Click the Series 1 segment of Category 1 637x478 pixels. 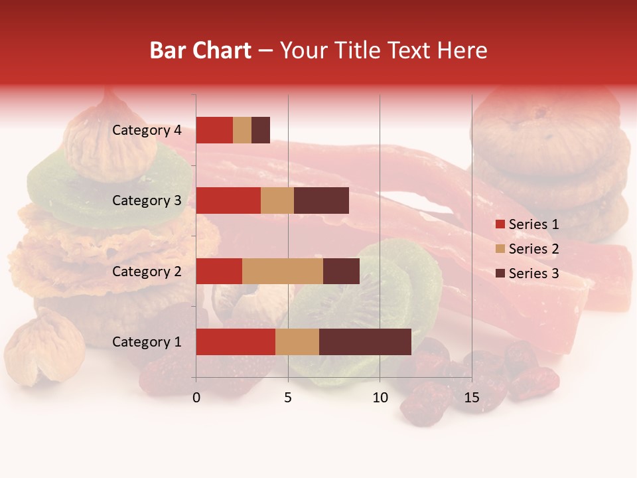(236, 342)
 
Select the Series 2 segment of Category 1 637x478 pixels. (297, 342)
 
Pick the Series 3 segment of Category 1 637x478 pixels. (365, 342)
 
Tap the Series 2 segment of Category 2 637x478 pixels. (283, 271)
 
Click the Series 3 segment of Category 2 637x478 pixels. (341, 271)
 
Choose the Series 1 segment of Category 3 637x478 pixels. (228, 200)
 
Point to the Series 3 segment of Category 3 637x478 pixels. (321, 200)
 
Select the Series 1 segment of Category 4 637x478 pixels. (214, 130)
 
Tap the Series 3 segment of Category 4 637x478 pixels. (261, 130)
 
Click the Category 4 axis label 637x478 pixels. (147, 130)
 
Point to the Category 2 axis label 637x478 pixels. (147, 271)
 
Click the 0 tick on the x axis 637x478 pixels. (196, 398)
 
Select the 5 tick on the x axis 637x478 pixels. (288, 398)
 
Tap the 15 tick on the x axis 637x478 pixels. (471, 398)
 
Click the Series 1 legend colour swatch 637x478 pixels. (500, 224)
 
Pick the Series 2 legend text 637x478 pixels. (533, 249)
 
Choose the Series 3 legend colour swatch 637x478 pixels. (500, 274)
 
